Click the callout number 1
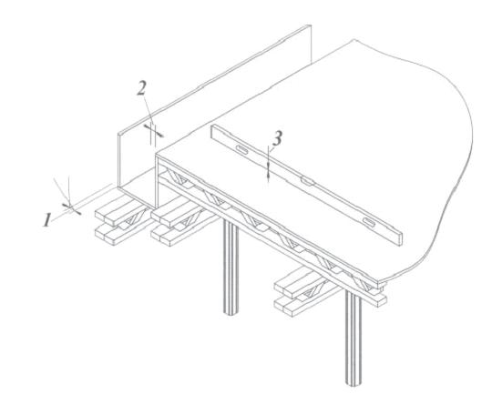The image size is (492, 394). click(47, 220)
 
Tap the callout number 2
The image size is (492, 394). click(142, 87)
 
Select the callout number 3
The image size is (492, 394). click(277, 138)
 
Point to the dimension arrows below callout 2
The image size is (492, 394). click(154, 131)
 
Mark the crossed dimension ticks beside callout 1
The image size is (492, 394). click(72, 209)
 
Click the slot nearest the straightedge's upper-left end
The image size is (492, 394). click(242, 150)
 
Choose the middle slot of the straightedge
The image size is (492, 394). click(308, 181)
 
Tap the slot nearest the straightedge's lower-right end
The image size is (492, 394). click(369, 222)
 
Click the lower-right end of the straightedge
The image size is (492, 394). click(401, 238)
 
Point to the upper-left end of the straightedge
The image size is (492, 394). click(211, 131)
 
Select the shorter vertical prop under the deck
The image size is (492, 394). click(231, 267)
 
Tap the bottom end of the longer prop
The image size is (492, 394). click(354, 384)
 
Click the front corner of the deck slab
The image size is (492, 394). click(157, 156)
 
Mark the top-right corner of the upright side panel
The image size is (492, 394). click(311, 25)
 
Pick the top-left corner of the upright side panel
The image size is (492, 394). click(118, 134)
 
